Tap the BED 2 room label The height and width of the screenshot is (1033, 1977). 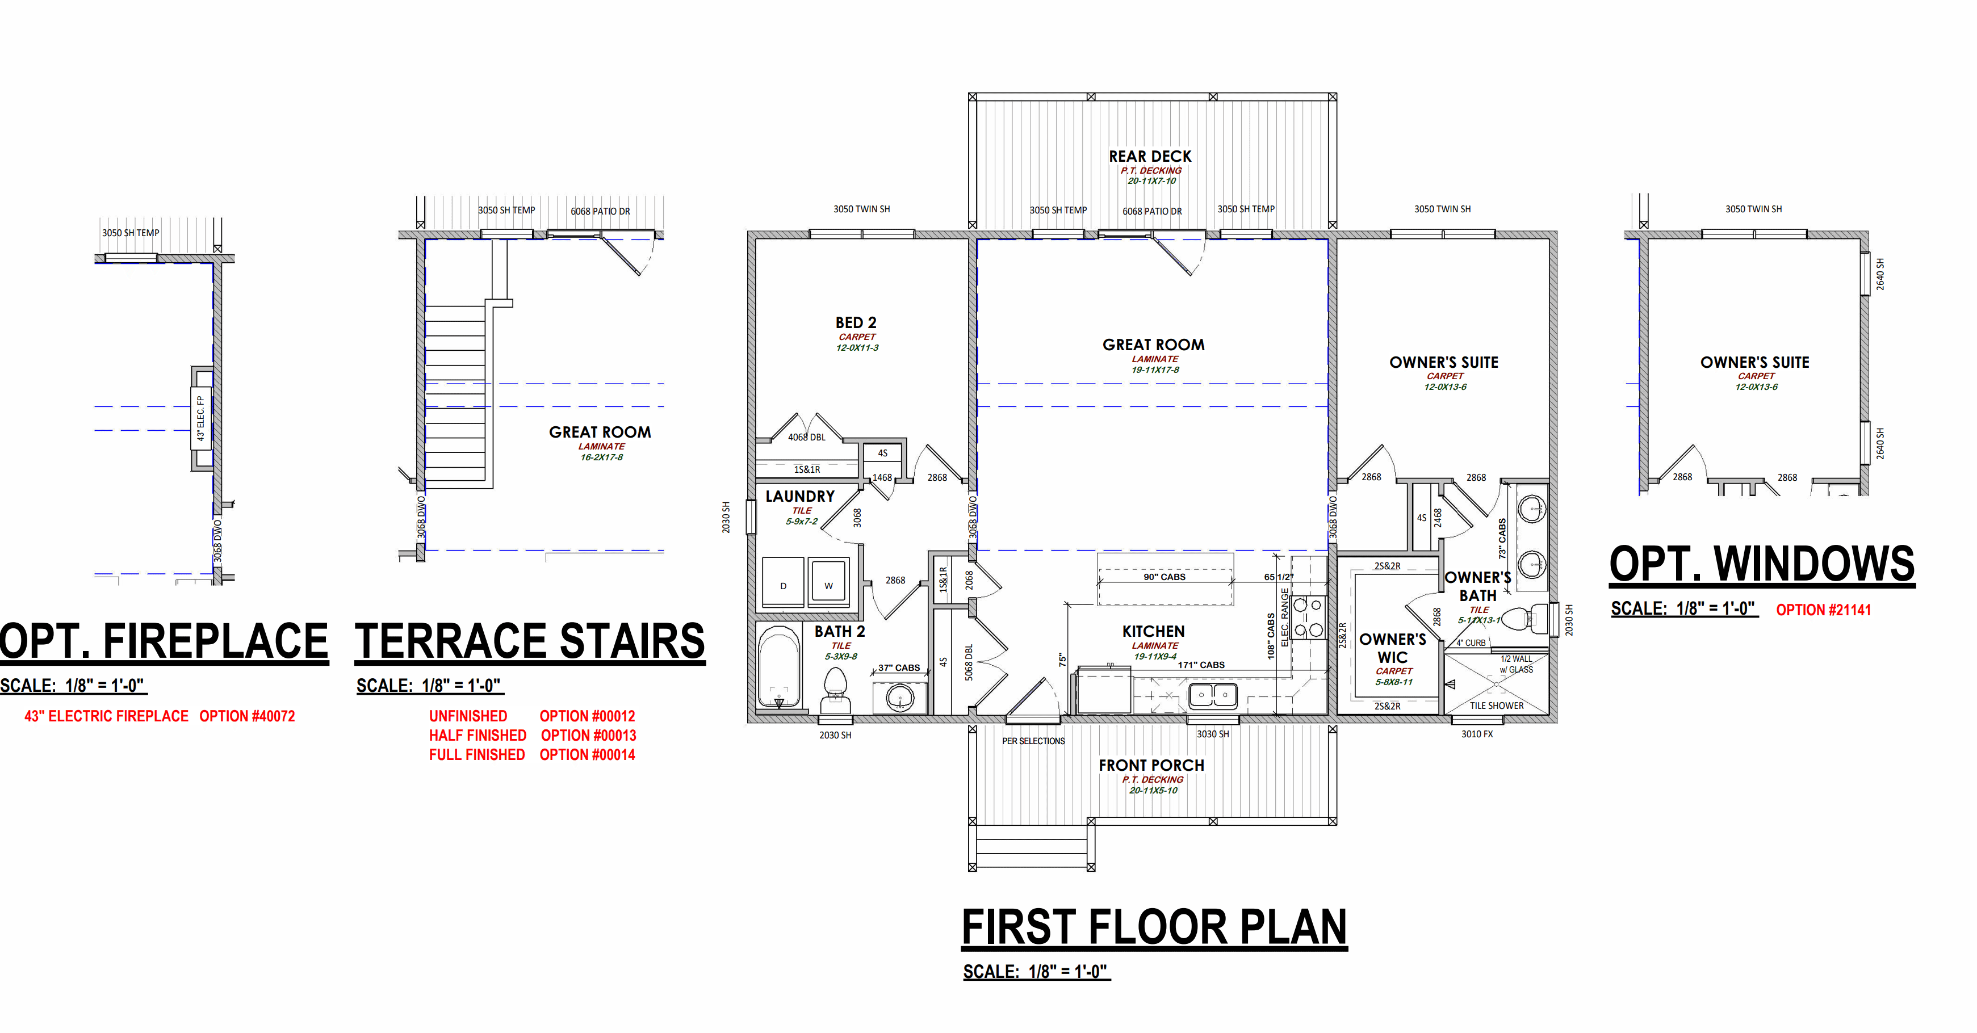point(856,323)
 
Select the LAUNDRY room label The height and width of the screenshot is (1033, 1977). point(799,497)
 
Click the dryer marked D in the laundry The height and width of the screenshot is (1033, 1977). point(783,583)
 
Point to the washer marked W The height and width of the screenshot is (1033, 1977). point(828,583)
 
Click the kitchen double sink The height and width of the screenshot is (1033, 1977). point(1213,695)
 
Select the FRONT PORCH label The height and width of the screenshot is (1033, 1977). point(1151,765)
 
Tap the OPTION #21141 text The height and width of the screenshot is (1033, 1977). point(1824,610)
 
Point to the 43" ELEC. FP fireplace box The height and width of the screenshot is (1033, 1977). point(202,418)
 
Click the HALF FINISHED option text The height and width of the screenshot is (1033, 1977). point(478,735)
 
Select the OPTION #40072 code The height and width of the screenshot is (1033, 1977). point(247,716)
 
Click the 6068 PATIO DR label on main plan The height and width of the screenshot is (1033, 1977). point(1152,211)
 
